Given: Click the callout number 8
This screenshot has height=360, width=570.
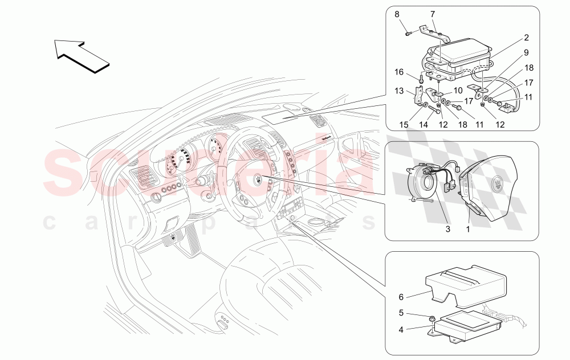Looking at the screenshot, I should click(x=398, y=14).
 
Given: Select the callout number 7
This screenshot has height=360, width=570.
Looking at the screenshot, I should click(x=432, y=14).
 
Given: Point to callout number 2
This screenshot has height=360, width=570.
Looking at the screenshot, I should click(x=526, y=38).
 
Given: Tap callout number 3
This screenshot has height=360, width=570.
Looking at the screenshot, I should click(x=449, y=228).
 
